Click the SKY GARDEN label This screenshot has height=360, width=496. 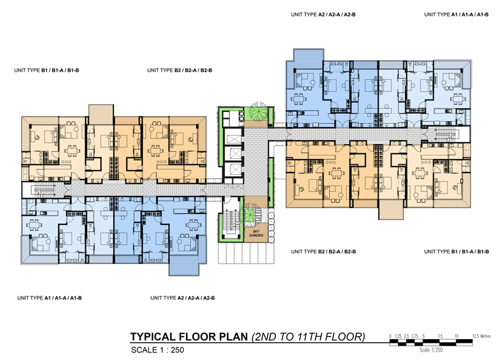[x=256, y=233]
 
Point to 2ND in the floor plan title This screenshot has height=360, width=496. [x=265, y=337]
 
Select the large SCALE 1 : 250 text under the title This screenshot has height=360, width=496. [x=158, y=350]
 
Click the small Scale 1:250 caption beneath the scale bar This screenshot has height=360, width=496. [x=431, y=350]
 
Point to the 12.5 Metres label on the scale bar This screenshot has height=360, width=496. [x=482, y=336]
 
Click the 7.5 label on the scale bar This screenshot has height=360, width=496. [x=440, y=336]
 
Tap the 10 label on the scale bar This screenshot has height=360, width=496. [x=456, y=336]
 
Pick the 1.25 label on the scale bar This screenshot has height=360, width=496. [x=398, y=336]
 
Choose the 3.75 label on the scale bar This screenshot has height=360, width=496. [x=414, y=336]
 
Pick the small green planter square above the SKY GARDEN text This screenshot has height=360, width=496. [x=250, y=216]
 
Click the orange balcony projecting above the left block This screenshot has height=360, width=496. [x=101, y=114]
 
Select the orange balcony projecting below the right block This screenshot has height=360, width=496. [x=391, y=209]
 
